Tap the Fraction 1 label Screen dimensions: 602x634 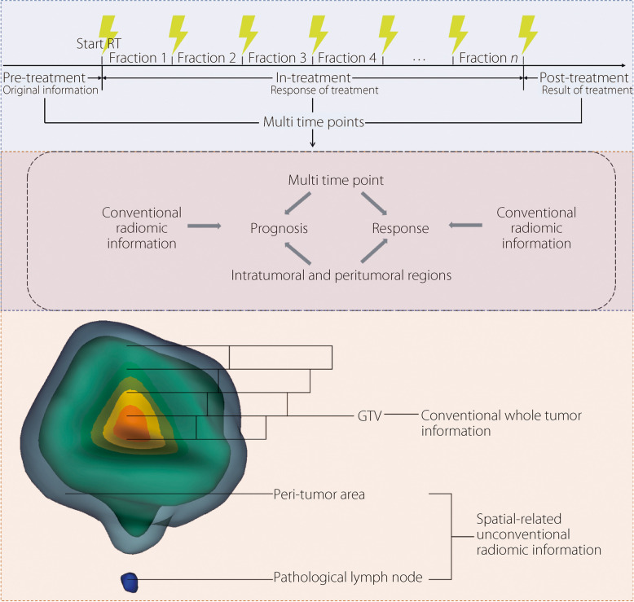(137, 58)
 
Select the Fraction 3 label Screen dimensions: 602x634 (278, 58)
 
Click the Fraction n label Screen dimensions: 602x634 (488, 58)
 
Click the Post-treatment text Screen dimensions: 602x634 (585, 77)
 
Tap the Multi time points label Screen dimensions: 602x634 (312, 122)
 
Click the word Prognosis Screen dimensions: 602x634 (279, 229)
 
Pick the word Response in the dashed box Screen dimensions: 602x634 (400, 229)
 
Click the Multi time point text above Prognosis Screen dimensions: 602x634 (337, 179)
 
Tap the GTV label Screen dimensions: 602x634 (370, 415)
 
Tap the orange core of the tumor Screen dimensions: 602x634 (131, 424)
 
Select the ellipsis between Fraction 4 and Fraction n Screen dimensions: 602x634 (418, 58)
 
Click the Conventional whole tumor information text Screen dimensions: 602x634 (500, 423)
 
